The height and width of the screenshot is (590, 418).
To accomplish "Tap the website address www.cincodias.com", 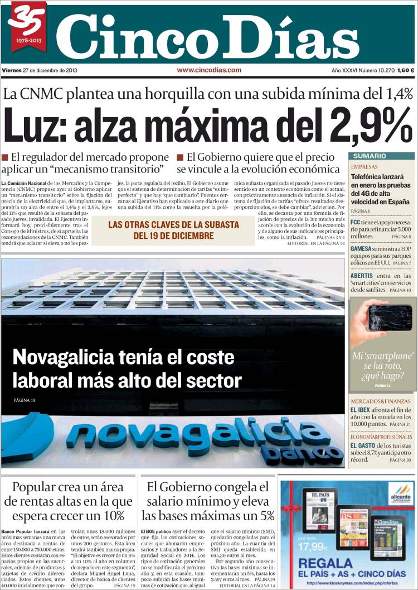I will point(209,70).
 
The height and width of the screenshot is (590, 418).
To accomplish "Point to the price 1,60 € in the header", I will point(405,70).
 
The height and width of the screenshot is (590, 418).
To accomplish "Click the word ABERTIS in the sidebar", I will point(365,276).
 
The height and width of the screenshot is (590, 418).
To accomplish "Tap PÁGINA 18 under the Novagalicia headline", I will point(25,400).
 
